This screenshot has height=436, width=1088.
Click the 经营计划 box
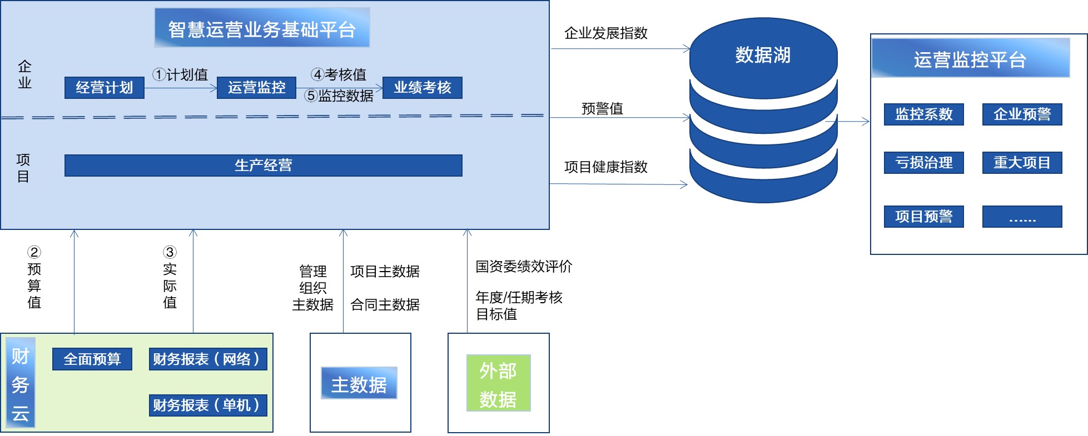click(x=105, y=88)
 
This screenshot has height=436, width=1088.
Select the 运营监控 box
click(x=256, y=88)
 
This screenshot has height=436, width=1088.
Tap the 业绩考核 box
click(x=423, y=88)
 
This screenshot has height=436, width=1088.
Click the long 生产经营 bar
click(x=264, y=166)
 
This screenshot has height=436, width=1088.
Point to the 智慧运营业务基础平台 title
click(x=262, y=28)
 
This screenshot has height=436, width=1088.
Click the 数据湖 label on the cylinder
click(x=763, y=55)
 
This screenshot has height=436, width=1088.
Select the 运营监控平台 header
click(x=971, y=59)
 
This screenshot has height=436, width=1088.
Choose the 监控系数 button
click(x=924, y=114)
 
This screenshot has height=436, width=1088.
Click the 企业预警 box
click(x=1022, y=114)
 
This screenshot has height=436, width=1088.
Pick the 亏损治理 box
click(x=924, y=163)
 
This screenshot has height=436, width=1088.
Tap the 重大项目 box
click(x=1022, y=163)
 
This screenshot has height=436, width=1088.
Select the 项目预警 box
click(x=924, y=217)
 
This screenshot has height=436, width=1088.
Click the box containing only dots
click(x=1022, y=217)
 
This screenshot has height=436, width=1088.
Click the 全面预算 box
click(x=92, y=359)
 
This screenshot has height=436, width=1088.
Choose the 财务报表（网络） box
click(x=208, y=359)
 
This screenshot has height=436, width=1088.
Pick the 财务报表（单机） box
click(x=208, y=405)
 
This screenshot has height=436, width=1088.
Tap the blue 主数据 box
click(x=359, y=383)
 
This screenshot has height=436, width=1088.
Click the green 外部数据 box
click(x=499, y=383)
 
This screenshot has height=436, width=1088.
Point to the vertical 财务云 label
click(x=21, y=383)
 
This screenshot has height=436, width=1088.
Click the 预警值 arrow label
click(x=602, y=108)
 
